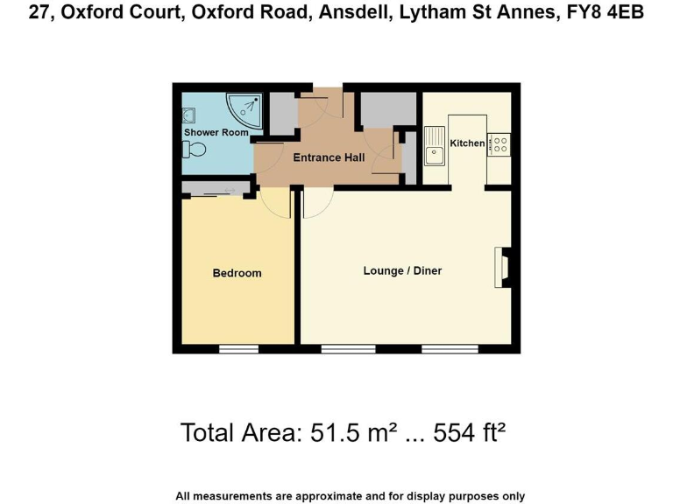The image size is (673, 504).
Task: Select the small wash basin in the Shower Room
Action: coord(188,114)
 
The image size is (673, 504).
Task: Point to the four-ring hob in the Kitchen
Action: coord(500,143)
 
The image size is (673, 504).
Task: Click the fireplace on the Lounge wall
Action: coord(504,268)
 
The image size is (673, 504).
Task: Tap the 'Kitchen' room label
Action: coord(467,143)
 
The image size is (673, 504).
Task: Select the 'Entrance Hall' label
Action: coord(329,158)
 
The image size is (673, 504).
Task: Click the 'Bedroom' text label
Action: coord(237,273)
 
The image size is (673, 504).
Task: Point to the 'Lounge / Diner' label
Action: coord(402,271)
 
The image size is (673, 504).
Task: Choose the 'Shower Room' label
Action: coord(216,133)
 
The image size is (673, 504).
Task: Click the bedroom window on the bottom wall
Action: coord(238,348)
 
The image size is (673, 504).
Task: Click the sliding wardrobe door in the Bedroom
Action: coord(216,192)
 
